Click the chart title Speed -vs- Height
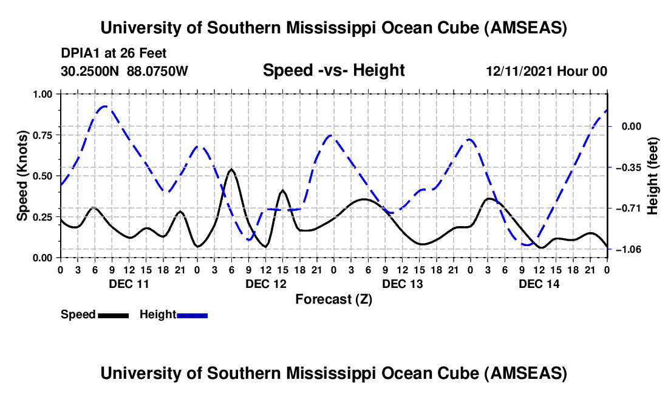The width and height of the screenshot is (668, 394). click(x=333, y=70)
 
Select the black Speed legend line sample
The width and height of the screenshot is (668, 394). click(x=113, y=315)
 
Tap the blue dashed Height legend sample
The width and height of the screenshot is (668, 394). click(x=193, y=315)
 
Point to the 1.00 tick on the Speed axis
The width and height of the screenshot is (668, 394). click(x=45, y=94)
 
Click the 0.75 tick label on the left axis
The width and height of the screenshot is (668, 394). click(x=45, y=135)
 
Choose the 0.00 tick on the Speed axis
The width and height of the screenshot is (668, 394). click(x=45, y=258)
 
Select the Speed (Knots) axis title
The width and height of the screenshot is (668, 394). click(x=22, y=176)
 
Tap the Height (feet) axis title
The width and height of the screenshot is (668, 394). click(x=653, y=176)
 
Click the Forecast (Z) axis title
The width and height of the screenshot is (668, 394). click(x=333, y=299)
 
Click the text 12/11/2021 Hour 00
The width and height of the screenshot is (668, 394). click(x=547, y=71)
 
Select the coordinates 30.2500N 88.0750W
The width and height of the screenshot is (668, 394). click(x=124, y=71)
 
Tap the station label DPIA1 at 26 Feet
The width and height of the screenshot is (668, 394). click(x=114, y=54)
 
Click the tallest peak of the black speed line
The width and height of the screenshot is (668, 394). click(x=231, y=169)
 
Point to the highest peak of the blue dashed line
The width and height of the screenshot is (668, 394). click(x=105, y=106)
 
